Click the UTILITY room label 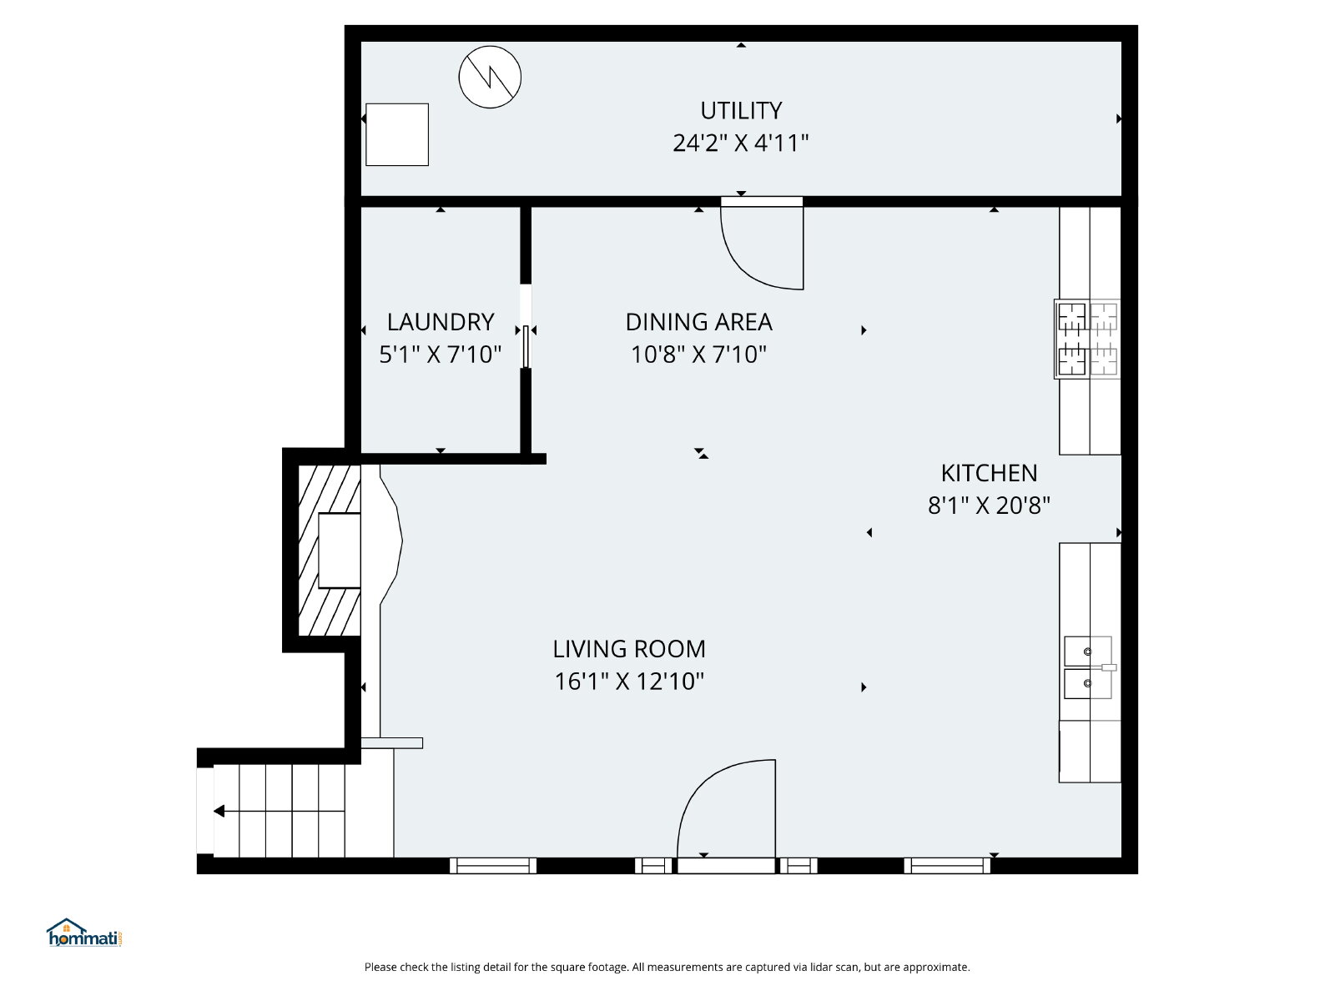740,111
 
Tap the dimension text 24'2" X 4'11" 740,143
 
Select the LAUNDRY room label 441,322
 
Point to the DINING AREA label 699,322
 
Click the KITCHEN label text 989,473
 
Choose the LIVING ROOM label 629,649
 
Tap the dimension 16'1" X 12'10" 629,682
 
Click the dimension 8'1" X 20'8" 989,505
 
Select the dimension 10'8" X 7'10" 699,355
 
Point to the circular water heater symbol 490,78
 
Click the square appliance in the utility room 397,134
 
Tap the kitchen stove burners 1087,340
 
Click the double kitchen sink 1088,667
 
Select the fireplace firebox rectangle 340,551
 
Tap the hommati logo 84,933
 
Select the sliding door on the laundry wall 526,346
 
